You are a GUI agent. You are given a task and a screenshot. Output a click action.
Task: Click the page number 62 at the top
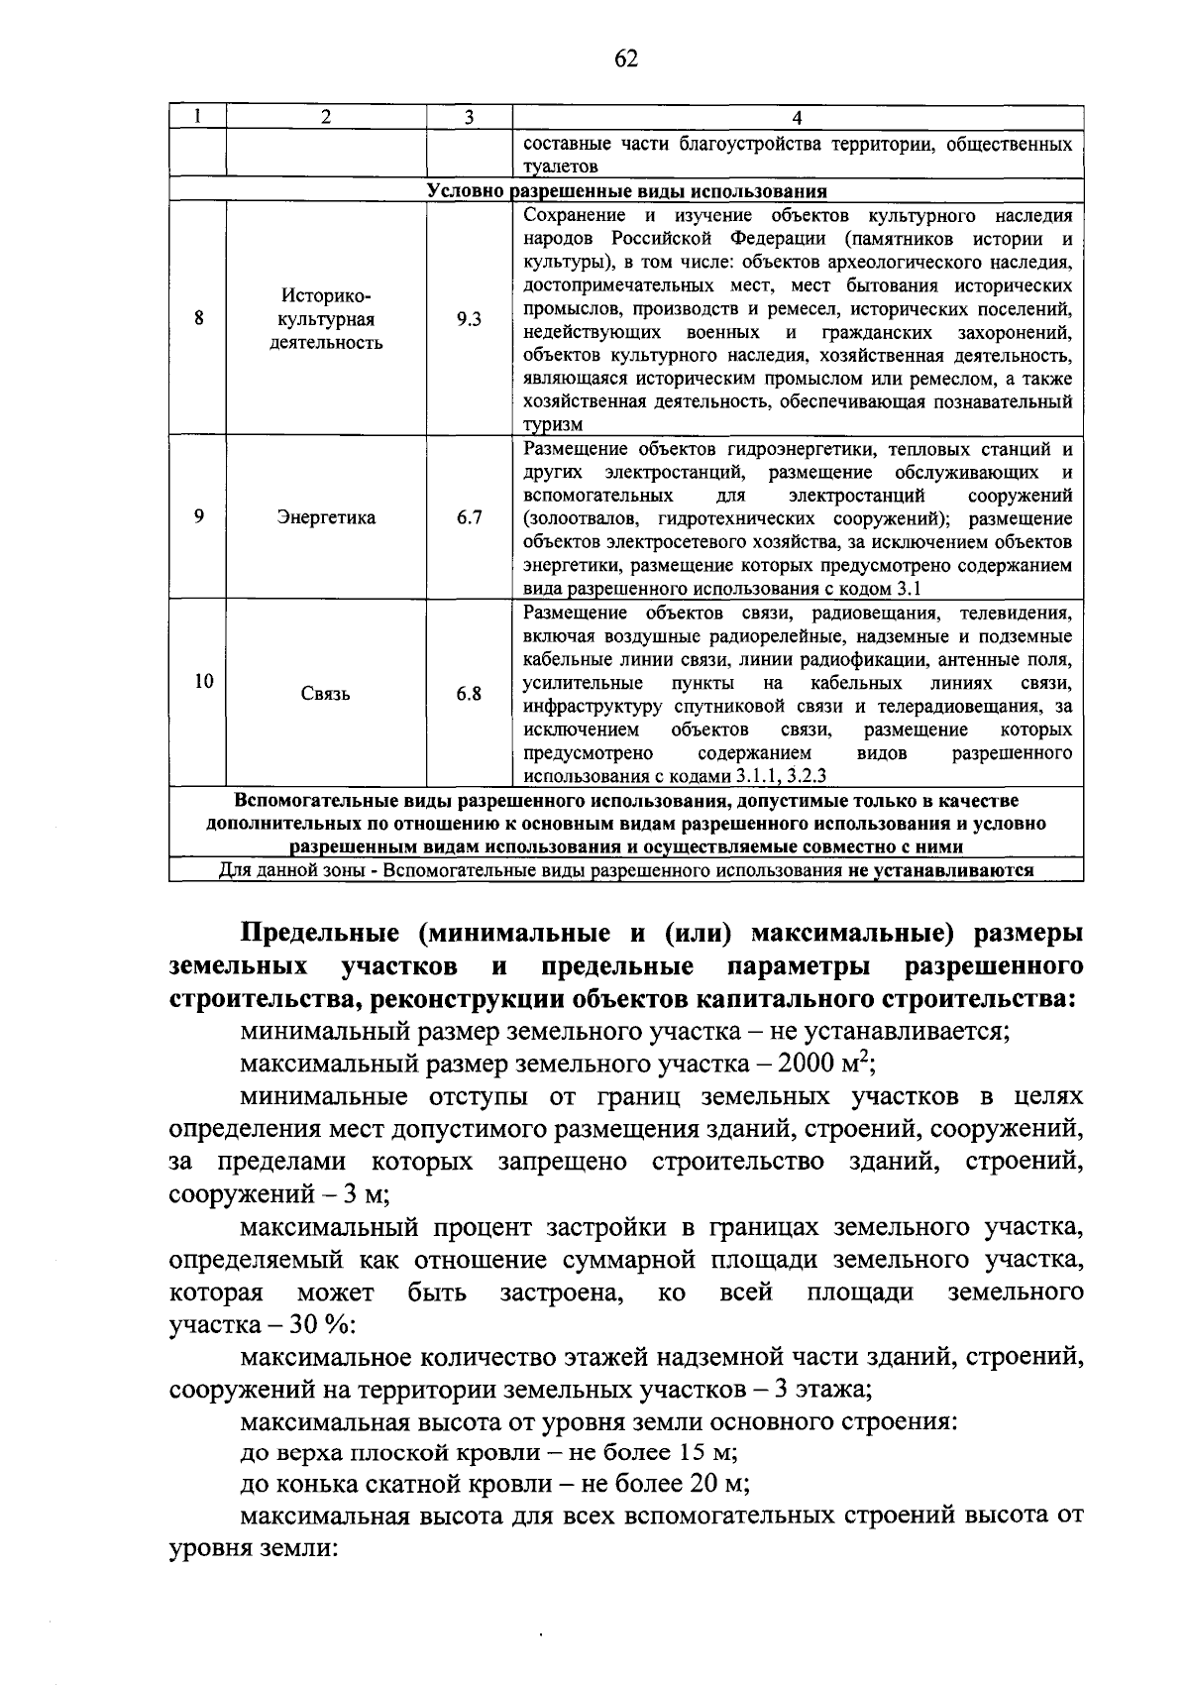[626, 59]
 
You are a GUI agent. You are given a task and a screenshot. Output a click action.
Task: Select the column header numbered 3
[469, 117]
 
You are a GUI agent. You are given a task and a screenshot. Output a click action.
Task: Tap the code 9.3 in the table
[469, 319]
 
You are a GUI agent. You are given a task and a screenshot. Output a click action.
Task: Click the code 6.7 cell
[469, 517]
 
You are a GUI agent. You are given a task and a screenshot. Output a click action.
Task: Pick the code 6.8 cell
[469, 694]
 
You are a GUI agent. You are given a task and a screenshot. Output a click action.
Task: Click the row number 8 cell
[199, 319]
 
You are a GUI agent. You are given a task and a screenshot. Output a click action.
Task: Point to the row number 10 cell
[203, 682]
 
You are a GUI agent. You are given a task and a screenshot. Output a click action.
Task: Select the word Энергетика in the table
[326, 517]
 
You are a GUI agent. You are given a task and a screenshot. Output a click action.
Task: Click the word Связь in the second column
[326, 694]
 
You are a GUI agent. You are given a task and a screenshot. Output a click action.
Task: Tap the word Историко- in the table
[326, 295]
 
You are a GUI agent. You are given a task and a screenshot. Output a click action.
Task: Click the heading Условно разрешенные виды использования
[626, 191]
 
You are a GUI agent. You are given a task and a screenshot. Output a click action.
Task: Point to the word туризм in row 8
[553, 425]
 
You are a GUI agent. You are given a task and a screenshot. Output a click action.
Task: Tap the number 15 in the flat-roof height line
[693, 1454]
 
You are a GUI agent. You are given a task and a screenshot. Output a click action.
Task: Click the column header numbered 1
[199, 117]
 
